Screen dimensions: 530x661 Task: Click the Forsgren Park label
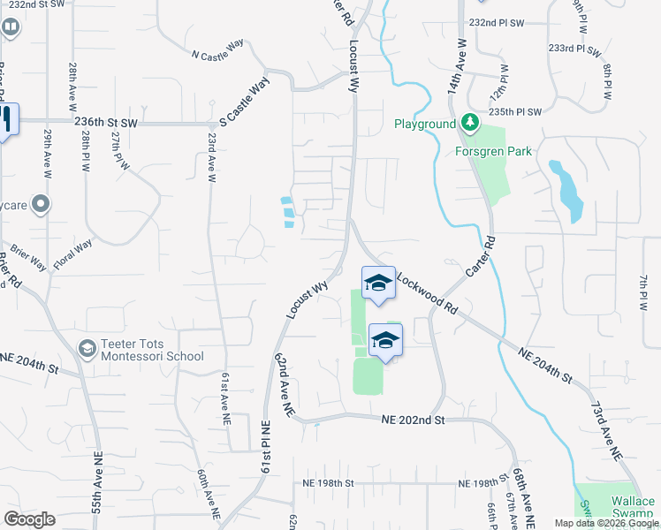click(494, 151)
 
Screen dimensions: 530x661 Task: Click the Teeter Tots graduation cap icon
click(87, 349)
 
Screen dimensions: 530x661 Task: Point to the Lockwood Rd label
click(427, 293)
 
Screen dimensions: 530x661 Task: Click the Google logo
click(29, 519)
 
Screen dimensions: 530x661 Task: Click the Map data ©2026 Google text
click(605, 523)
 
